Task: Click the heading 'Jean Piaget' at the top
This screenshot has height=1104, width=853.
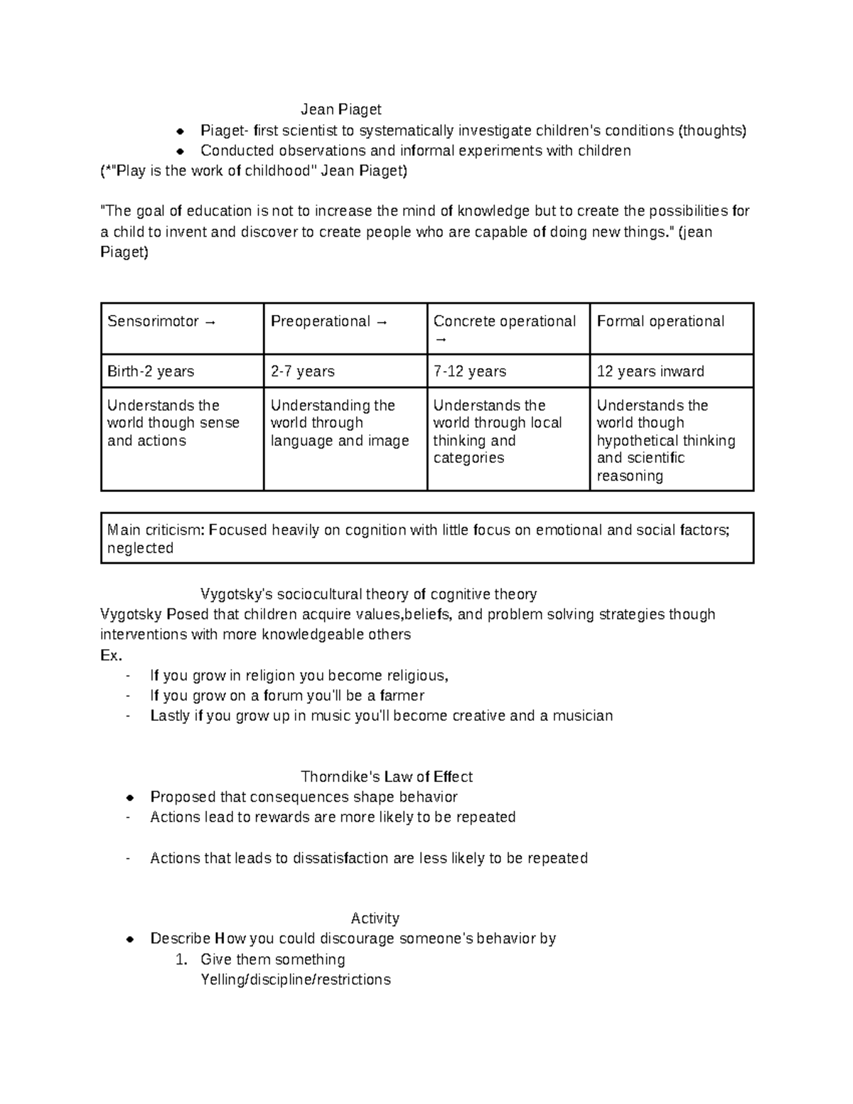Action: coord(340,109)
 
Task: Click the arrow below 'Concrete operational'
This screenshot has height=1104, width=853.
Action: coord(441,340)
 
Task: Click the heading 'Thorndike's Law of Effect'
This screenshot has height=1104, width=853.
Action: coord(387,776)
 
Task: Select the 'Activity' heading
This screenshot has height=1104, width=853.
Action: coord(375,918)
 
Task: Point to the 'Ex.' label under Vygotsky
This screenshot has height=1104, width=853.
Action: coord(111,655)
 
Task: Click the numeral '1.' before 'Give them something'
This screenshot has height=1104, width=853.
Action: coord(181,960)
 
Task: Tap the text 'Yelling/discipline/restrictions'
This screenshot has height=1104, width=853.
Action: coord(296,980)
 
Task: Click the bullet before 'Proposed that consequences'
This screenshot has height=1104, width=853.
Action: coord(130,798)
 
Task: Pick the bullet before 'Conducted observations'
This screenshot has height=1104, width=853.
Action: coord(181,151)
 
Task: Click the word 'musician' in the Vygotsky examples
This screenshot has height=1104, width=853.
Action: coord(583,716)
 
